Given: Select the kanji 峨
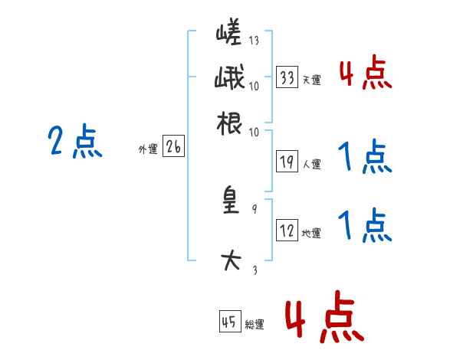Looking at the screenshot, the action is point(229,78).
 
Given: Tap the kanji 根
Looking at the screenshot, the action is point(229,123).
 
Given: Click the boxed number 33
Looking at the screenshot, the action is point(287,77).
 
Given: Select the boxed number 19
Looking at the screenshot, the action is point(287,161).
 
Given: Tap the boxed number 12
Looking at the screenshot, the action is point(287,231).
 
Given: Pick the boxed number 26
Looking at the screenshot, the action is point(173,148).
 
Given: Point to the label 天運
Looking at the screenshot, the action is point(312,80).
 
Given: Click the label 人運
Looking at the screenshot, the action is point(312,163).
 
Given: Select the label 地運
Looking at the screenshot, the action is point(312,233).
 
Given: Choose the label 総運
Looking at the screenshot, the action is point(255,324).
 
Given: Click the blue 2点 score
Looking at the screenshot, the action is point(74,142).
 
